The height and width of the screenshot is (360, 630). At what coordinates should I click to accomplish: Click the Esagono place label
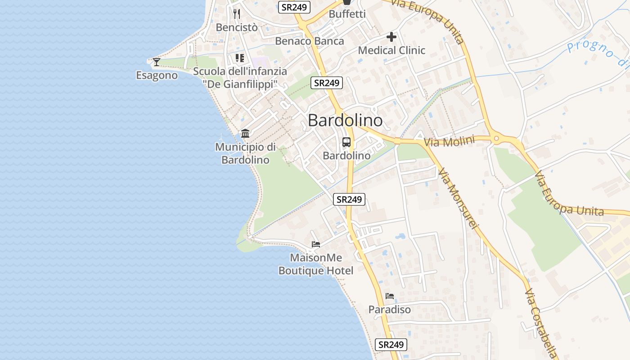click(x=157, y=75)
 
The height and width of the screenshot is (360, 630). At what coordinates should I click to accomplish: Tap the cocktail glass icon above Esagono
click(x=157, y=62)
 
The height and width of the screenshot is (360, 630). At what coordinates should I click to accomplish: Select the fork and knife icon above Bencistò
click(x=237, y=14)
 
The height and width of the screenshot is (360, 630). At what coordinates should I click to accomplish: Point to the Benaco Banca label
click(x=309, y=41)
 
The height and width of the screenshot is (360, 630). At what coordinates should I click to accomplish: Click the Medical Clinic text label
click(x=391, y=50)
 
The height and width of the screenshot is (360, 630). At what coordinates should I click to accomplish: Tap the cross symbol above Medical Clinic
click(x=391, y=37)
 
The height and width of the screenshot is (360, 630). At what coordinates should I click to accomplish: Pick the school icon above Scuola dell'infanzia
click(x=240, y=58)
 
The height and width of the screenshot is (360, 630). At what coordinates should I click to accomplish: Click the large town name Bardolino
click(x=345, y=120)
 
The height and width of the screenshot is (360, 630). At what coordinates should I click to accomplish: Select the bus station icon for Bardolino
click(x=346, y=142)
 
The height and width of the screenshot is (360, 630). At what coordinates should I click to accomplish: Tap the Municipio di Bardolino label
click(x=245, y=153)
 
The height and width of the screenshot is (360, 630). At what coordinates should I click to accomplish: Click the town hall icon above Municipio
click(x=245, y=133)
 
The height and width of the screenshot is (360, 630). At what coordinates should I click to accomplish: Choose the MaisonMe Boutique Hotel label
click(x=315, y=264)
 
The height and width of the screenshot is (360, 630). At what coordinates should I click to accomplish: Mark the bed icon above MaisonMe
click(x=316, y=244)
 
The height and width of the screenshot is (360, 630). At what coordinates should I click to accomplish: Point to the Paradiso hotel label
click(x=389, y=310)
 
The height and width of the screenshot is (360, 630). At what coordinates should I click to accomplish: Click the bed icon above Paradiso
click(x=390, y=296)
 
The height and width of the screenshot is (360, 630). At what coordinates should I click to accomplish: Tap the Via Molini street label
click(x=449, y=142)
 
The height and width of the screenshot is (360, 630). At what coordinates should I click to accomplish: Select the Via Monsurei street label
click(x=457, y=198)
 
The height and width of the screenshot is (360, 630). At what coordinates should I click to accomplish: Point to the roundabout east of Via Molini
click(x=496, y=139)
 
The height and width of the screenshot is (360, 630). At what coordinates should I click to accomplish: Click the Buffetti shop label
click(x=347, y=14)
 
